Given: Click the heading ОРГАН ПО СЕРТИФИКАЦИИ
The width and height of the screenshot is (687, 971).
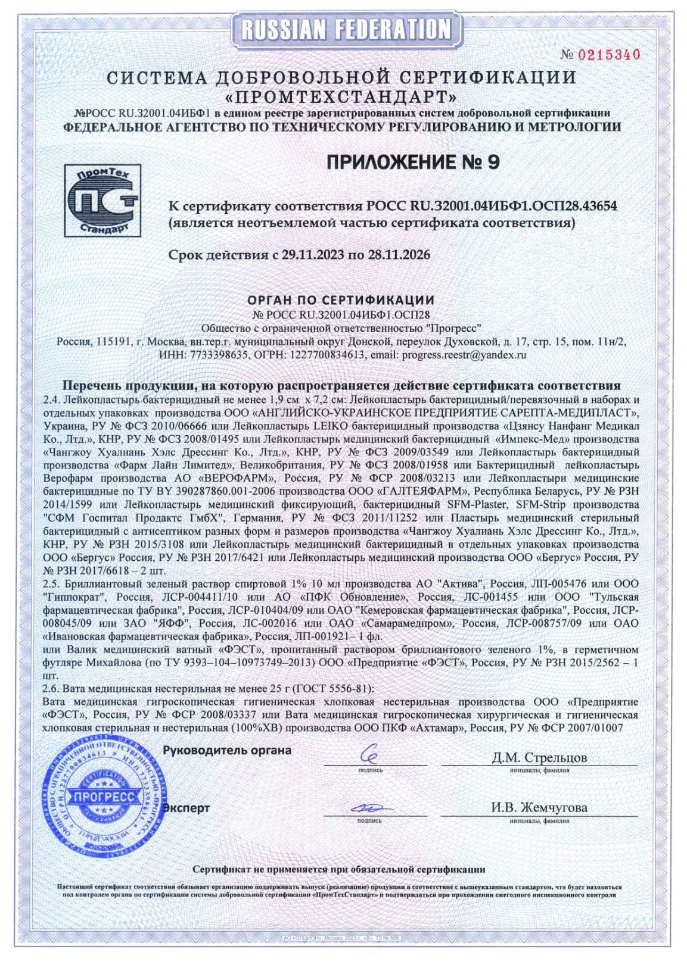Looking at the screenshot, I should pos(341,299).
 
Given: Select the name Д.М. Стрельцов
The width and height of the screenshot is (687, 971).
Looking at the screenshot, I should pos(539,757).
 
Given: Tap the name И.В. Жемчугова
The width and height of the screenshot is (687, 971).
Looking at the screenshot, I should pos(539,808).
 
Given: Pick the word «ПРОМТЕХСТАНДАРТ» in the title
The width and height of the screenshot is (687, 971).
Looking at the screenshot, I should pos(343,96).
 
